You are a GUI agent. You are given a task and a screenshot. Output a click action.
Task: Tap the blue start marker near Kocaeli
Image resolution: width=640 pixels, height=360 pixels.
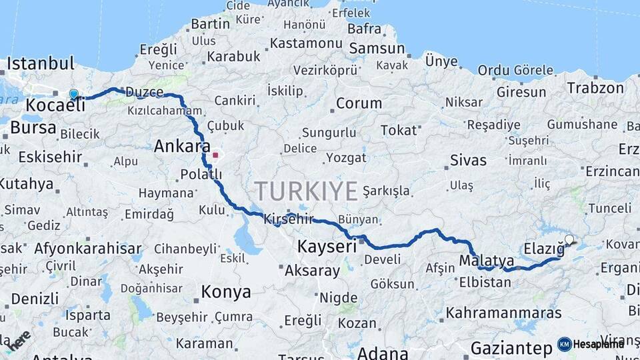pos(73,95)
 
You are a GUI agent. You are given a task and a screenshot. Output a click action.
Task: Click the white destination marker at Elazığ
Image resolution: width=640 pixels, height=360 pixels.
pos(569,239)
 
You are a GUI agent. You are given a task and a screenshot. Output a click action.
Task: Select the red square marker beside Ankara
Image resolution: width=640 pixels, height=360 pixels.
pos(215,155)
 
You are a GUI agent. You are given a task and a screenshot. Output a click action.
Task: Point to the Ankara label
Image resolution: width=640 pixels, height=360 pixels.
pos(182,147)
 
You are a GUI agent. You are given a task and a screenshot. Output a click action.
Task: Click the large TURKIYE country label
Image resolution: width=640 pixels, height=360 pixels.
pos(306,191)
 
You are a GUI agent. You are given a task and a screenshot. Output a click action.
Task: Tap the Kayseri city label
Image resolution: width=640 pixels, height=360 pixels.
pos(327,246)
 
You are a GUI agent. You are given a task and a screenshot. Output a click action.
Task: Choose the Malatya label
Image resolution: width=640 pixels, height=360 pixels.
pos(487,260)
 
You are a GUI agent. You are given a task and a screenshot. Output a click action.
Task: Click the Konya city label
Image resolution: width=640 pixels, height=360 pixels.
pos(226,292)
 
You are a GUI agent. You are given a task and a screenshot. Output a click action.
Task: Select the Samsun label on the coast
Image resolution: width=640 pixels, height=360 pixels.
pos(377,48)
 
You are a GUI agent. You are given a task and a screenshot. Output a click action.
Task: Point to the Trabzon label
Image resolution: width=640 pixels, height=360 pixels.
pos(595,87)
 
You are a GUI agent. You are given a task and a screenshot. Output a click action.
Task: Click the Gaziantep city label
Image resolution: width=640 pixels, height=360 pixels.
pos(511,347)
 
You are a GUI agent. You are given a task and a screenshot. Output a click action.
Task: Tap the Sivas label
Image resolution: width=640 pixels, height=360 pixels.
pos(468,160)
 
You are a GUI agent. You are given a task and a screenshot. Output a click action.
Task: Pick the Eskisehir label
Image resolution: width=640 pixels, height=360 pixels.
pos(50,157)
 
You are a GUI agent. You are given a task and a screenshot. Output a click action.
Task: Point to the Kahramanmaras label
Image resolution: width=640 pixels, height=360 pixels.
pos(503,312)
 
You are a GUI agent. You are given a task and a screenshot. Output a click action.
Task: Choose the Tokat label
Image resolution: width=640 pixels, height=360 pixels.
pos(398,130)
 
